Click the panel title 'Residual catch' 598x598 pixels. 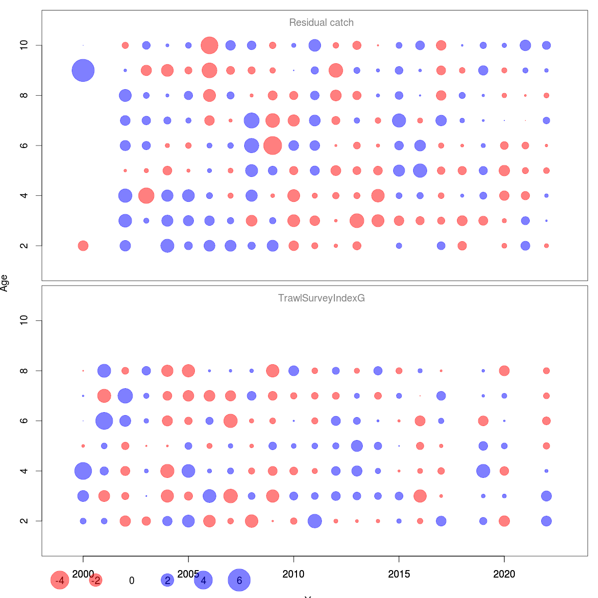click(x=321, y=22)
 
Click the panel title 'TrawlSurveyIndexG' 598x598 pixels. click(x=321, y=298)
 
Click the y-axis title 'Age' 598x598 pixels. click(x=4, y=283)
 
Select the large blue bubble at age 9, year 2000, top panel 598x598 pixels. click(x=83, y=70)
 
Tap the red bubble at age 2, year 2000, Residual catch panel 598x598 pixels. click(x=83, y=246)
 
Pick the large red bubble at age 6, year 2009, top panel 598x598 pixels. click(x=273, y=146)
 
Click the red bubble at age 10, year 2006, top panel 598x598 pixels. click(x=209, y=45)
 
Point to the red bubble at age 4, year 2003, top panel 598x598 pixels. click(x=146, y=195)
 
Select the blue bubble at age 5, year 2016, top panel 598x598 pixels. click(x=420, y=170)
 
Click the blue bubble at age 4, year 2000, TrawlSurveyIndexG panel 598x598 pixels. click(x=83, y=471)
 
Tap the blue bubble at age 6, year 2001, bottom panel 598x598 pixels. click(x=104, y=421)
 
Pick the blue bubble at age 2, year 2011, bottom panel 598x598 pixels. click(x=314, y=521)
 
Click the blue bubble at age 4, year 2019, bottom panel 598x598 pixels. click(x=483, y=471)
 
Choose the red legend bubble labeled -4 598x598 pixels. click(x=60, y=580)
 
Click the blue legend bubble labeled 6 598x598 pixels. click(x=239, y=580)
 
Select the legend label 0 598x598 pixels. click(x=132, y=581)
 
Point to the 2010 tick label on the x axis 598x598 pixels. click(x=294, y=574)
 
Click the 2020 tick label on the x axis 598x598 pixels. click(x=504, y=574)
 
